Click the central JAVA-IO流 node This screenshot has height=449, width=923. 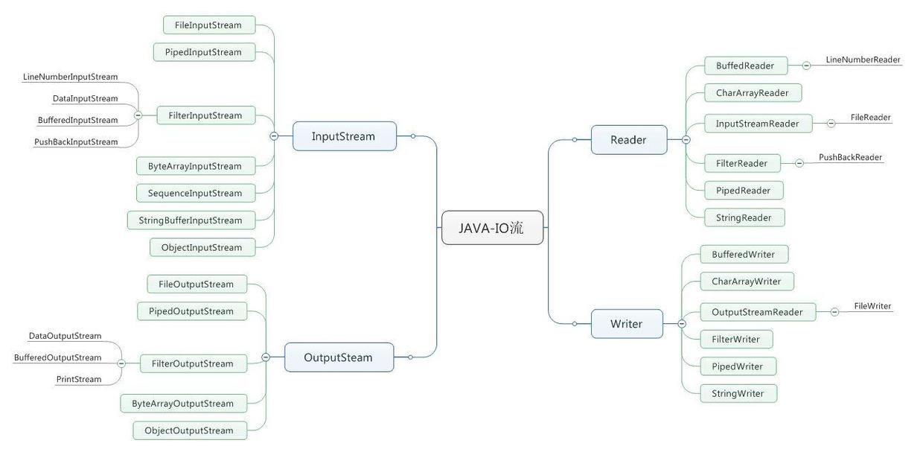pyautogui.click(x=493, y=228)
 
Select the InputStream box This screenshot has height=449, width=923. pyautogui.click(x=345, y=136)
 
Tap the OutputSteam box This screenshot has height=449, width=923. pyautogui.click(x=339, y=357)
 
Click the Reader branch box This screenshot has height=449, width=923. pyautogui.click(x=629, y=140)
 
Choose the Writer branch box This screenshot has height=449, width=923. pyautogui.click(x=627, y=324)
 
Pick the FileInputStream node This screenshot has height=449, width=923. pyautogui.click(x=209, y=25)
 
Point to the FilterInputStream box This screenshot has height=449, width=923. pyautogui.click(x=205, y=115)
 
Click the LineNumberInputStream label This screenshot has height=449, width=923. pyautogui.click(x=71, y=77)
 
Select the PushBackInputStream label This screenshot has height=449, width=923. pyautogui.click(x=76, y=141)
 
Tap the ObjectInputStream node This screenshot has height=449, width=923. pyautogui.click(x=202, y=247)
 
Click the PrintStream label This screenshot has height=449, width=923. pyautogui.click(x=79, y=379)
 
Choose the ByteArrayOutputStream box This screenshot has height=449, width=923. pyautogui.click(x=183, y=404)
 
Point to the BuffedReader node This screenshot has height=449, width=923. pyautogui.click(x=746, y=66)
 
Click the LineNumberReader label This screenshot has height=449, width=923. pyautogui.click(x=863, y=60)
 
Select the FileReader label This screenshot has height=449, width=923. pyautogui.click(x=871, y=118)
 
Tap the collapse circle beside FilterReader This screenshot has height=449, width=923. pyautogui.click(x=799, y=163)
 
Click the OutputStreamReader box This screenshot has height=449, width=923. pyautogui.click(x=758, y=312)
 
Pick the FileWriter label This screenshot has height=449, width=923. pyautogui.click(x=872, y=306)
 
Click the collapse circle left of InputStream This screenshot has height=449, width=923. pyautogui.click(x=274, y=136)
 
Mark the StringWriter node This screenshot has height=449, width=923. pyautogui.click(x=738, y=393)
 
